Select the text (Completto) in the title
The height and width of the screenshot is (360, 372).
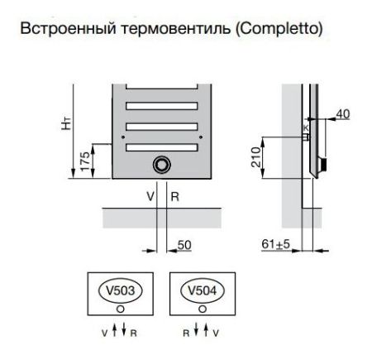[x=279, y=29]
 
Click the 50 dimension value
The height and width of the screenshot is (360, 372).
[x=186, y=245]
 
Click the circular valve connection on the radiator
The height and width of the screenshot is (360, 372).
[x=160, y=164]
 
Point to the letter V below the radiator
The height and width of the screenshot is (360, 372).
[x=150, y=197]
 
